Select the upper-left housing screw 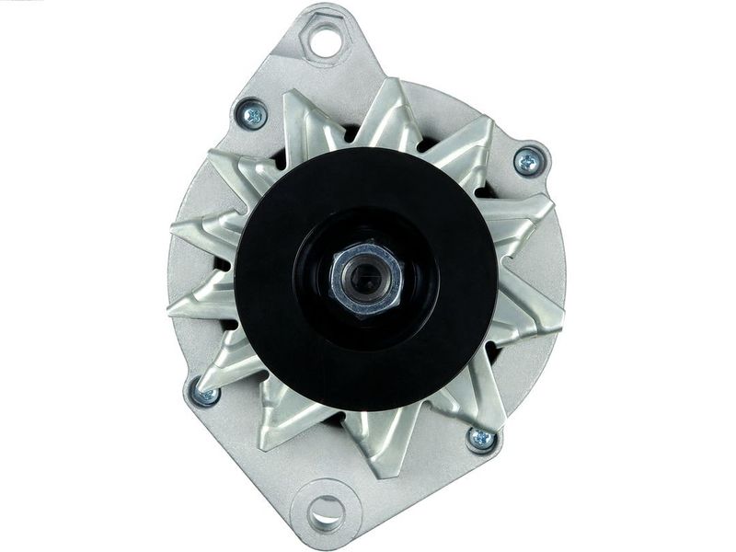[251, 115]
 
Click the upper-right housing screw [528, 162]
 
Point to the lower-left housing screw [205, 394]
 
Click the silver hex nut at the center [367, 277]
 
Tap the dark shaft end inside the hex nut [366, 277]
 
